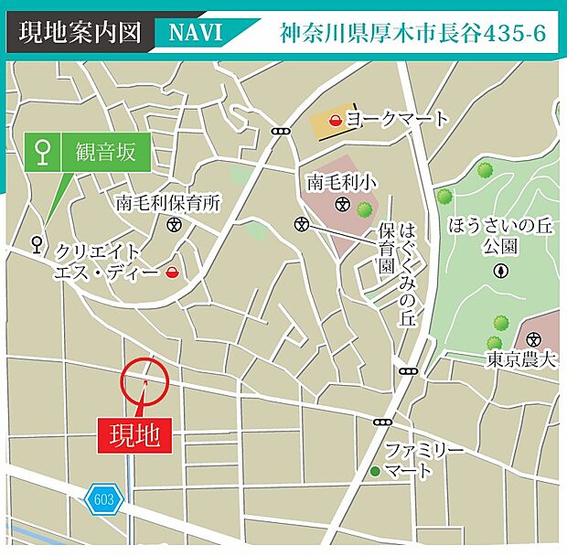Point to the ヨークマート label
[398, 119]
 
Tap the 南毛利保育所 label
[168, 203]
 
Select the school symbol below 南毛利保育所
[175, 223]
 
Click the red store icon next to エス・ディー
[172, 272]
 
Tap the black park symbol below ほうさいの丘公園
[500, 270]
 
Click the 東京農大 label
[521, 359]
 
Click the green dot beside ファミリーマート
[374, 471]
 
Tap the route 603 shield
[103, 499]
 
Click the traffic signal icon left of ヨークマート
[280, 131]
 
